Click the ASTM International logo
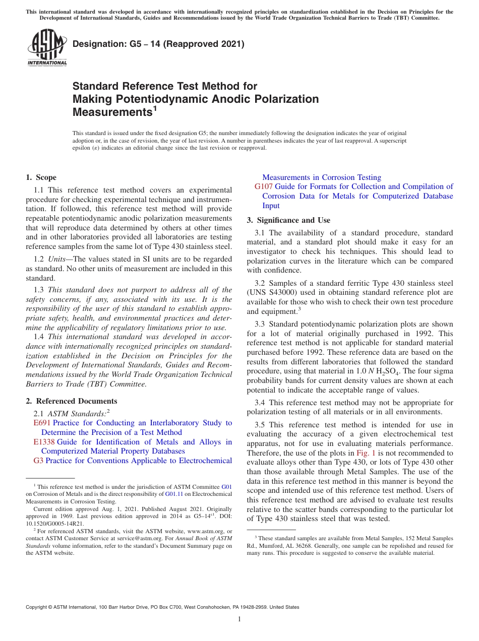[47, 48]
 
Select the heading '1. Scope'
[41, 177]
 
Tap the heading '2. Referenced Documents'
[72, 401]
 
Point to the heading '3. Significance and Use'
[288, 220]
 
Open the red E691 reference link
[42, 423]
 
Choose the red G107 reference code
[264, 186]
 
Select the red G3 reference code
[38, 461]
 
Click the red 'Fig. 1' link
[366, 443]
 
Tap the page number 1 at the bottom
[239, 619]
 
